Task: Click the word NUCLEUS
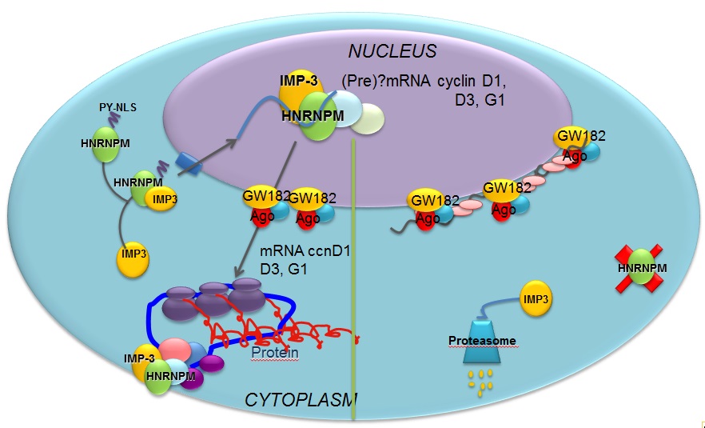tap(392, 52)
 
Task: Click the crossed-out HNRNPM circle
tap(641, 267)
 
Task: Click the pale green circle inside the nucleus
tap(368, 119)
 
